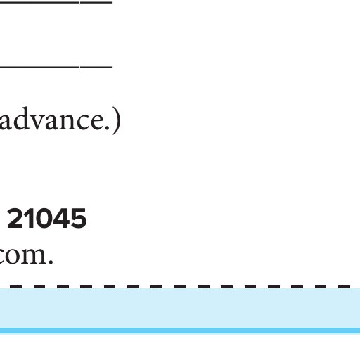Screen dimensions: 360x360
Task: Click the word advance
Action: [x=55, y=118]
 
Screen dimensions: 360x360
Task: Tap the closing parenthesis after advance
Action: [x=117, y=120]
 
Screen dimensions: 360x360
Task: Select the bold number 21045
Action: [x=47, y=218]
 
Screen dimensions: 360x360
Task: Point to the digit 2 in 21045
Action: [x=15, y=218]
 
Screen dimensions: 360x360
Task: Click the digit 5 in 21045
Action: [x=79, y=219]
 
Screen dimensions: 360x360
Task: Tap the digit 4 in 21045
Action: [x=62, y=218]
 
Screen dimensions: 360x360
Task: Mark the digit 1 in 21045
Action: [x=29, y=218]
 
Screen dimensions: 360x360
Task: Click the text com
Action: [x=26, y=255]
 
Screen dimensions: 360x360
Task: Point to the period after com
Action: [x=51, y=262]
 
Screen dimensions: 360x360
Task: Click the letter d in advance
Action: [x=22, y=118]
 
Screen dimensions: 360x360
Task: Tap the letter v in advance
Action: [x=39, y=122]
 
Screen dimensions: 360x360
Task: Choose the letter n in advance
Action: [x=72, y=122]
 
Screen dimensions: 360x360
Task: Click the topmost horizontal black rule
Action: [x=56, y=2]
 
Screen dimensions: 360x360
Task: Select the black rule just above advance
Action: [x=56, y=67]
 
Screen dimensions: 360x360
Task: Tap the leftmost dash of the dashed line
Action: [x=15, y=287]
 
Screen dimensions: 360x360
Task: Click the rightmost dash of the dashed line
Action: [x=345, y=287]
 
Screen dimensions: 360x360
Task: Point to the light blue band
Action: [x=180, y=308]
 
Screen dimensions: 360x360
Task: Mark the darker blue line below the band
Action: [x=180, y=330]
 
